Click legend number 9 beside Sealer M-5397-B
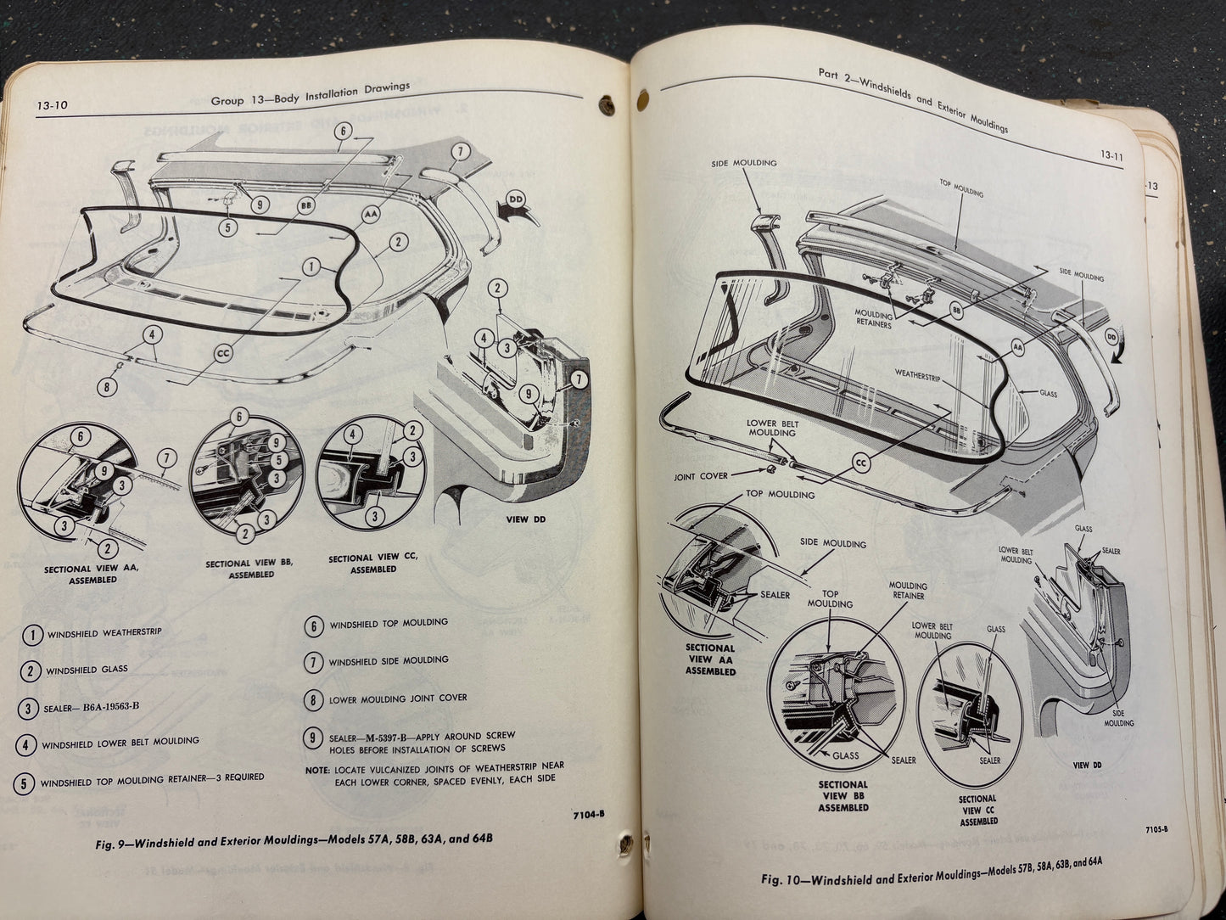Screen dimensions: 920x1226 (x=314, y=740)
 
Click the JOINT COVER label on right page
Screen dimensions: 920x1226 (x=701, y=476)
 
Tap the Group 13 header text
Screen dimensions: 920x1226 (x=310, y=94)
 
